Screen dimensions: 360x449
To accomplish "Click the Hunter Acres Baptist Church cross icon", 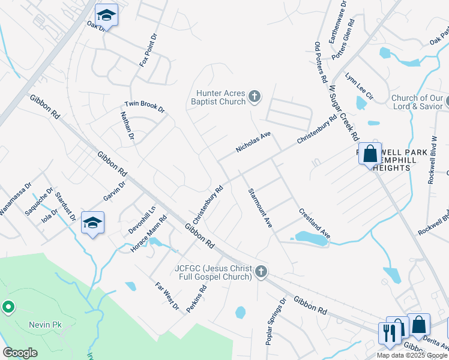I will (254, 97).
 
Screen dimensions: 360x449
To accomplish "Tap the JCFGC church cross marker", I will (261, 272).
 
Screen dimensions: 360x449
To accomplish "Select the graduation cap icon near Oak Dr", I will (106, 15).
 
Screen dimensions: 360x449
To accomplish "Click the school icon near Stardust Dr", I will (92, 223).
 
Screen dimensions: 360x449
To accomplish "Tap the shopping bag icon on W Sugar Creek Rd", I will (370, 154).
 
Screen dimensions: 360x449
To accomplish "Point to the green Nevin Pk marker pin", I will (8, 307).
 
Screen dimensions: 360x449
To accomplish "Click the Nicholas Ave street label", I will (254, 143).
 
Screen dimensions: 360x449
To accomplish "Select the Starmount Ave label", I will (261, 208).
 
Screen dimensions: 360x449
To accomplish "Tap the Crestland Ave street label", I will (315, 223).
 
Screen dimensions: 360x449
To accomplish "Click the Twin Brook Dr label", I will (144, 106).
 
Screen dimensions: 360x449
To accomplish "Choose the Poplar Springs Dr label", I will (276, 320).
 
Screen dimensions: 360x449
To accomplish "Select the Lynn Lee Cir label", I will (359, 86).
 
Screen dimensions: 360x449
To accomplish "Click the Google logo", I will (20, 352).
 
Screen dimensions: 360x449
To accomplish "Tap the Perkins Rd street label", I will (196, 298).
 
